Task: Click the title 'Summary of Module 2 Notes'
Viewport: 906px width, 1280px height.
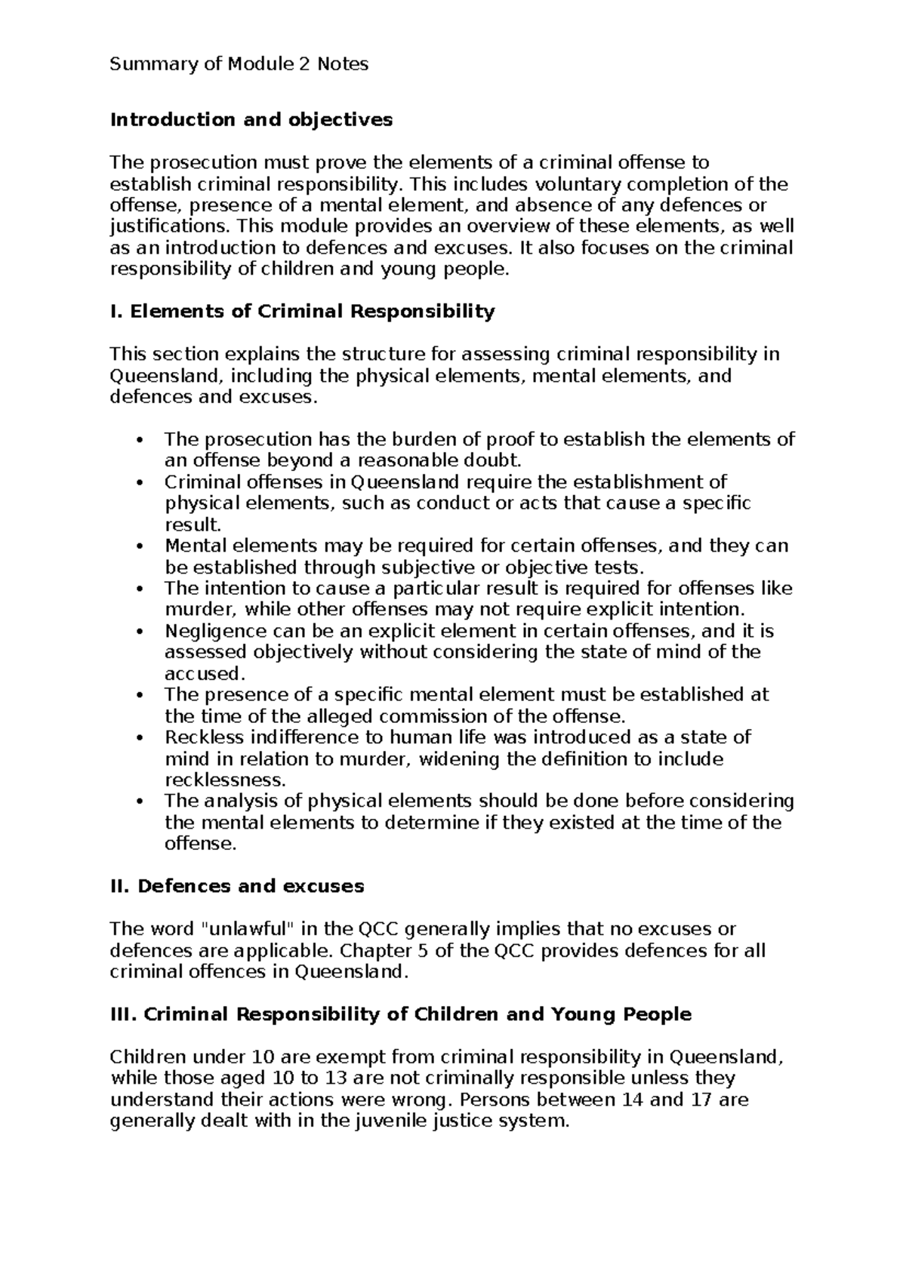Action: (239, 64)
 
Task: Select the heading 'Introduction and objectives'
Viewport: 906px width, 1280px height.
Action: (251, 119)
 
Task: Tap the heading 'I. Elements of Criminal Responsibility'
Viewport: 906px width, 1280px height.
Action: (302, 311)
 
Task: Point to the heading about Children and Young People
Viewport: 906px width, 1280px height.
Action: (401, 1014)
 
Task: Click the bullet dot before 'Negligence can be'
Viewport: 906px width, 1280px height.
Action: (137, 632)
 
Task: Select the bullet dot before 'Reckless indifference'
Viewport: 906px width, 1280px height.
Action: (137, 737)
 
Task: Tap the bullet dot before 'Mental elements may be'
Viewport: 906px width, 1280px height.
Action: (137, 546)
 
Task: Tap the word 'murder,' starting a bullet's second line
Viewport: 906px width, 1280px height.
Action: (193, 609)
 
